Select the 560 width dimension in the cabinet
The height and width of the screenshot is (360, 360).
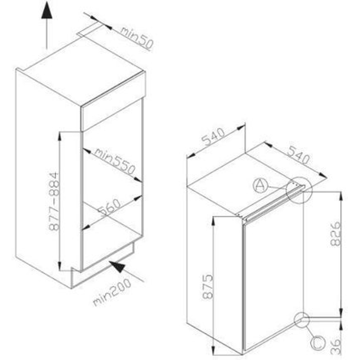point(109,207)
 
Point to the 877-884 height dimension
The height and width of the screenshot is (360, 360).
point(54,201)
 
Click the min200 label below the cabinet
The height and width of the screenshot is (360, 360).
point(112,292)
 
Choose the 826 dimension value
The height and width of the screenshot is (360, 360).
point(335,234)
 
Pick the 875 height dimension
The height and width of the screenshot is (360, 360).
point(207,287)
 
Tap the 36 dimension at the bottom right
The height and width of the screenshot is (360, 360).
point(336,346)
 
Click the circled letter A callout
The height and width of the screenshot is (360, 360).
point(260,185)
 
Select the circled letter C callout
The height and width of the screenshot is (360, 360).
point(318,343)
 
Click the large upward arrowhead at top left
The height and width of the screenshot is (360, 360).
point(47,10)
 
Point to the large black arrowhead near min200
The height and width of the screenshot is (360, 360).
point(118,267)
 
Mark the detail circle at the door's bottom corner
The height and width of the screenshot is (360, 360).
point(302,320)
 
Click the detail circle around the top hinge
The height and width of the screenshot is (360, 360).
point(299,190)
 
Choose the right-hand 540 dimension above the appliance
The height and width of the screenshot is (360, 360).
point(299,155)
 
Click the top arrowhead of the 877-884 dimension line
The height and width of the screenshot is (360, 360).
point(59,136)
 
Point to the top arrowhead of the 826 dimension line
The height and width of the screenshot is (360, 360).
point(341,197)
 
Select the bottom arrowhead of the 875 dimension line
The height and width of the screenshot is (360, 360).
point(213,350)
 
